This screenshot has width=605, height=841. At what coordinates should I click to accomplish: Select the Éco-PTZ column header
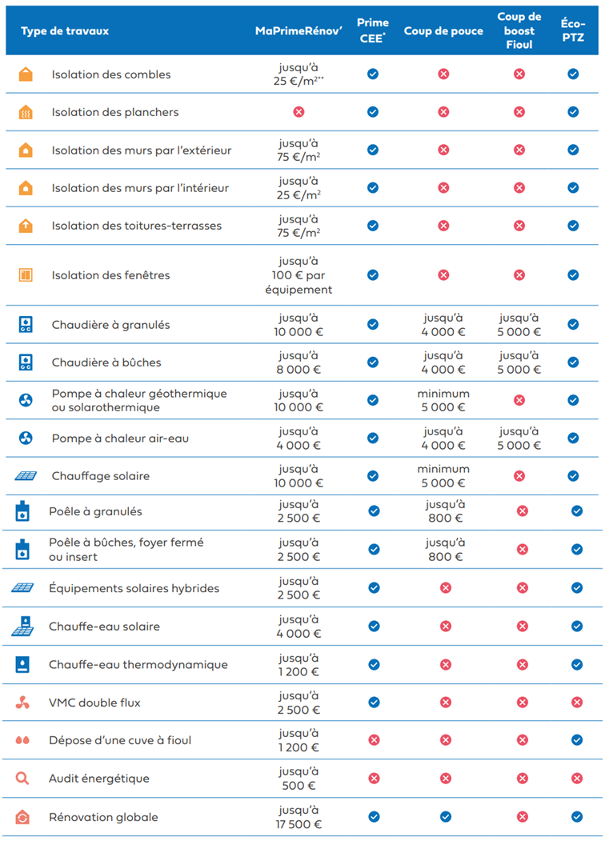pyautogui.click(x=573, y=31)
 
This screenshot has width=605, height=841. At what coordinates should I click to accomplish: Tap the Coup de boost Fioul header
pyautogui.click(x=519, y=31)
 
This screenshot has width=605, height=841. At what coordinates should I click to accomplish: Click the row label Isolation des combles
pyautogui.click(x=111, y=74)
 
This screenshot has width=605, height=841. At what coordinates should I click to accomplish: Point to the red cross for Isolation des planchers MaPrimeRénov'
pyautogui.click(x=298, y=112)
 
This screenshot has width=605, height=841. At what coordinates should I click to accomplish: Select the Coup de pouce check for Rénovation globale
pyautogui.click(x=445, y=817)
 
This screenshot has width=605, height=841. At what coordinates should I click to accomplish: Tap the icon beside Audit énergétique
pyautogui.click(x=22, y=778)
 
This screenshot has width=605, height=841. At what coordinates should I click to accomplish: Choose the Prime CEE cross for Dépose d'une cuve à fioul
pyautogui.click(x=373, y=740)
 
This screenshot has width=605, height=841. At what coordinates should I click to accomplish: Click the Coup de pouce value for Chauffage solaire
pyautogui.click(x=443, y=476)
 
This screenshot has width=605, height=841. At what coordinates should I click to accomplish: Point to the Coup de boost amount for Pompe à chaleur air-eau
pyautogui.click(x=519, y=439)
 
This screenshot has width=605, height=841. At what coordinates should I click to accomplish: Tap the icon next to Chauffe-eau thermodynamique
pyautogui.click(x=22, y=664)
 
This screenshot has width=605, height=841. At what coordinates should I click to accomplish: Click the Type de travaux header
pyautogui.click(x=65, y=31)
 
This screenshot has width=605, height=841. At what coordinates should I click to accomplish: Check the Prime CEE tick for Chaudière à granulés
pyautogui.click(x=373, y=325)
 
